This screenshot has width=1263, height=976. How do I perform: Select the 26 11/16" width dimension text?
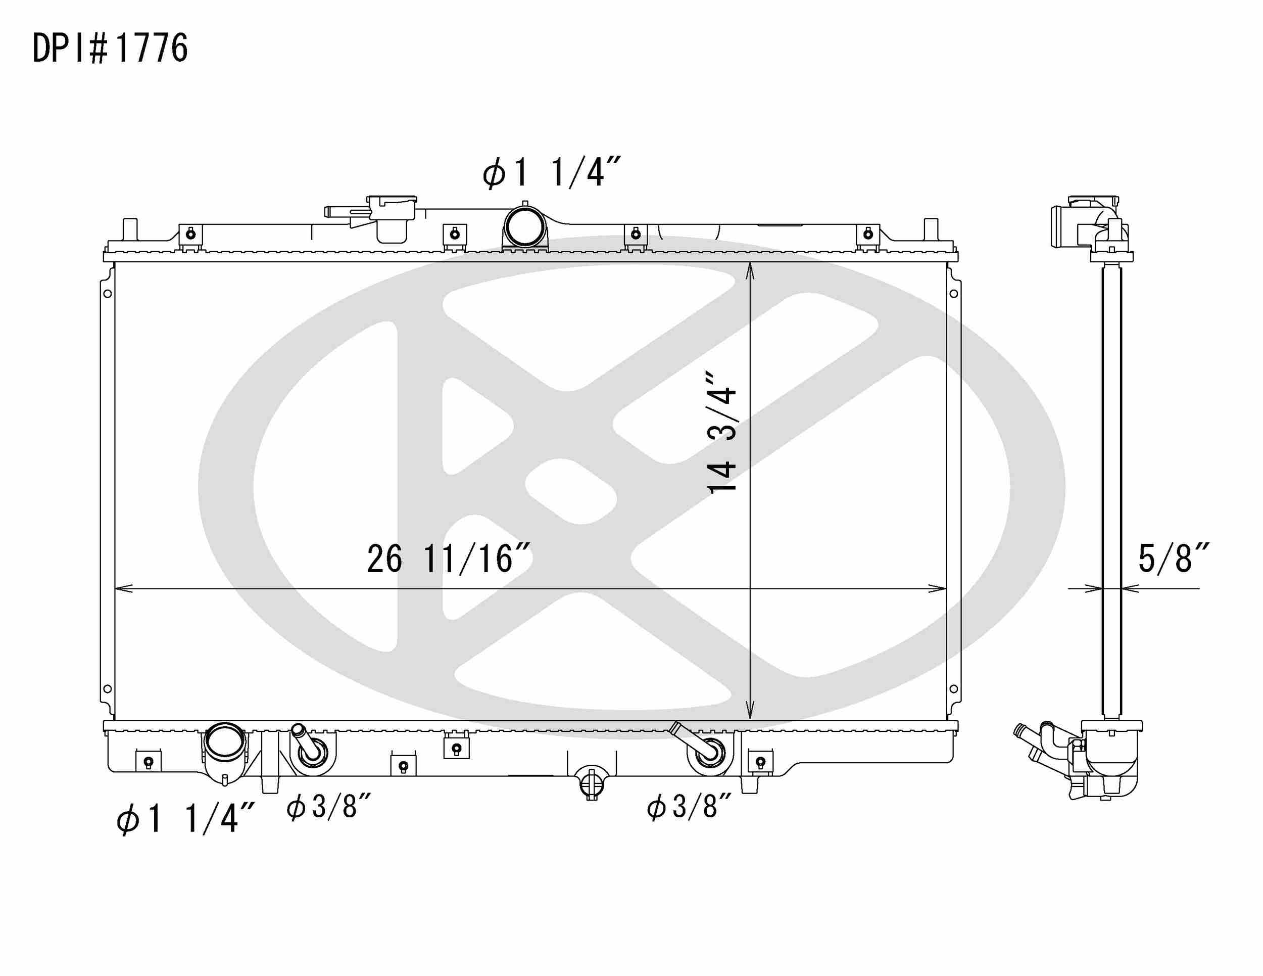click(x=449, y=560)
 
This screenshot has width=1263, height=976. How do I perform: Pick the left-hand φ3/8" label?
click(x=328, y=807)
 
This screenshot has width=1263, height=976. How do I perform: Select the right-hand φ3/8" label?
click(x=689, y=807)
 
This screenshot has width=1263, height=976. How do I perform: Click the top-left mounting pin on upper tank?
click(x=130, y=228)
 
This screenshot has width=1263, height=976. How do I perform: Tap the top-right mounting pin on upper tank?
click(x=931, y=228)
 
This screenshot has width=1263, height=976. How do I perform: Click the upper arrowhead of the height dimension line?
click(x=750, y=269)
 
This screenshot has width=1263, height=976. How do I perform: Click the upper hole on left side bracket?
click(x=108, y=294)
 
